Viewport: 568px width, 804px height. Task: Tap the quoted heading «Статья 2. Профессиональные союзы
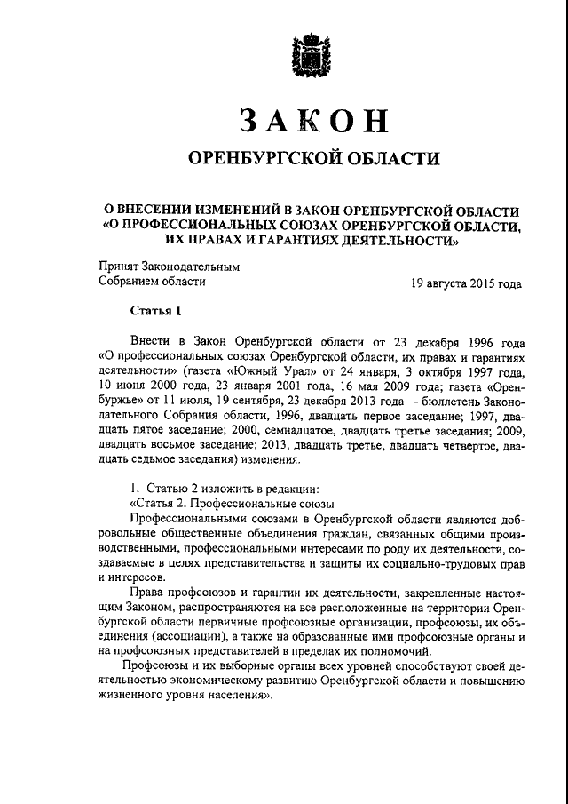[217, 501]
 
